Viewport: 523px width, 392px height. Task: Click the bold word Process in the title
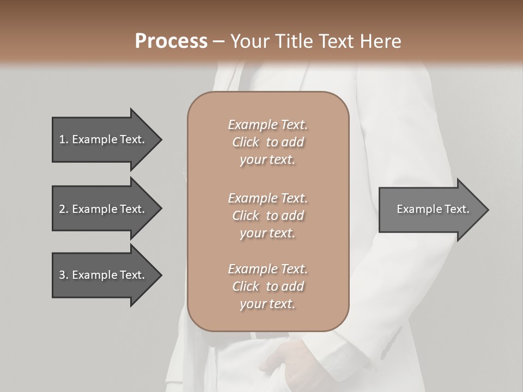click(171, 41)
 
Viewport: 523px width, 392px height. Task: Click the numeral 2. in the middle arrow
click(64, 209)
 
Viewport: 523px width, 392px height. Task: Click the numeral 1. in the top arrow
click(64, 139)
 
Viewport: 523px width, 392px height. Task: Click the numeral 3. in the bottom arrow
click(64, 275)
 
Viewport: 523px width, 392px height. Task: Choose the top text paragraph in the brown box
click(267, 142)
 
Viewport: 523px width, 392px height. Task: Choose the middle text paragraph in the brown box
click(267, 215)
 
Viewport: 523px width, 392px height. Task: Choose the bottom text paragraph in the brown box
click(267, 286)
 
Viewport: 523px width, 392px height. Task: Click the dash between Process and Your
click(218, 41)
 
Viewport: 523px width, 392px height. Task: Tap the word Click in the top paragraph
click(246, 142)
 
